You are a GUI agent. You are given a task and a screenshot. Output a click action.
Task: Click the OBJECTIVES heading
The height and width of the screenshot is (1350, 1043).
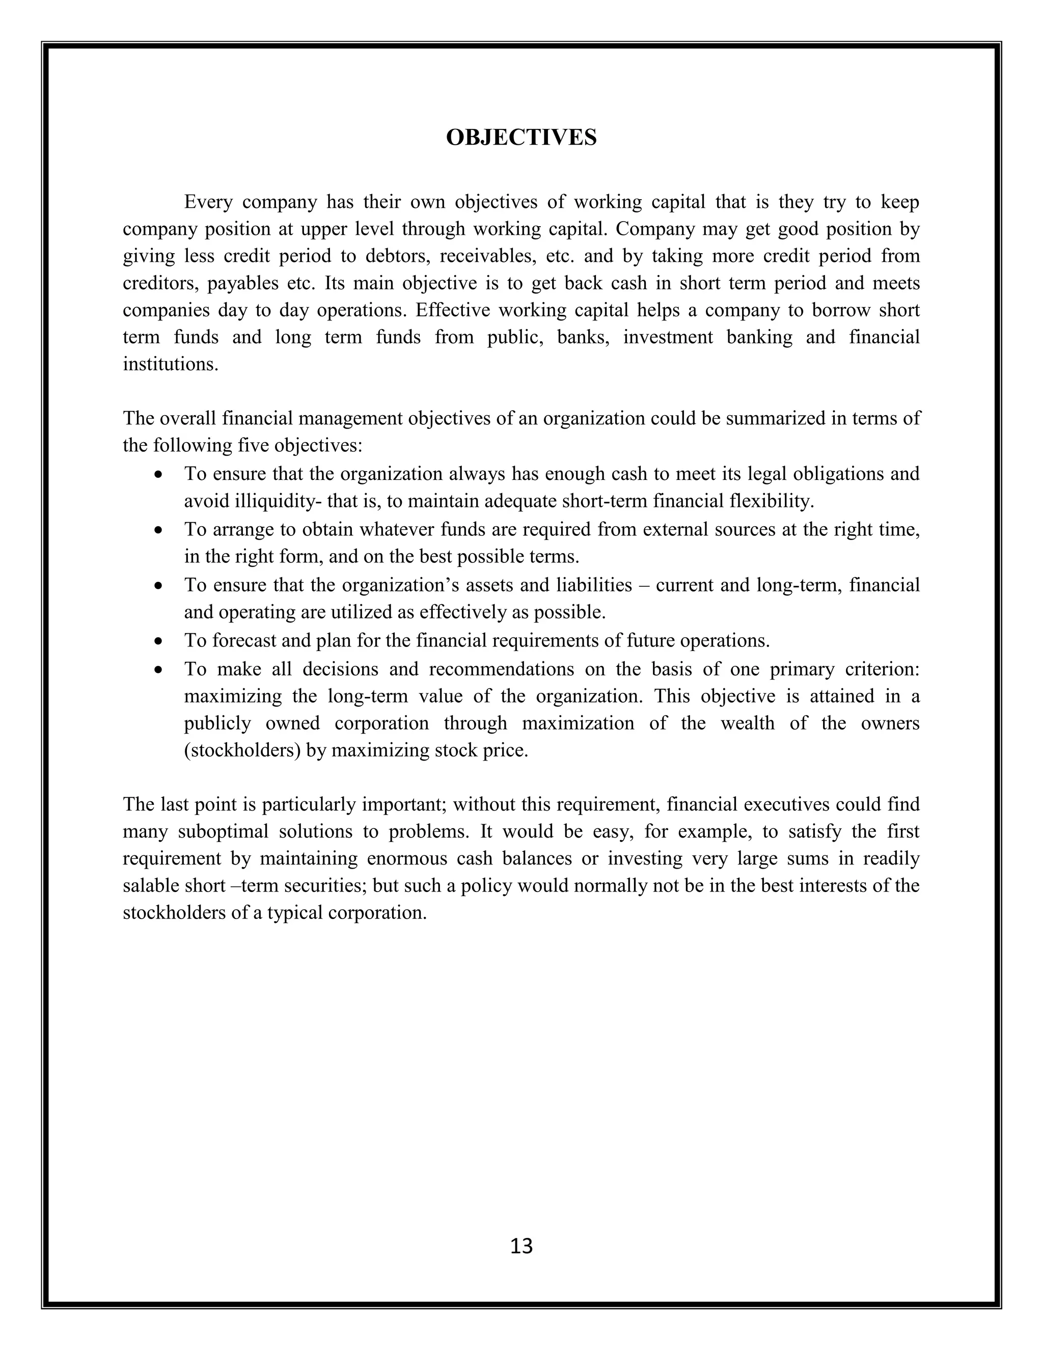(x=521, y=137)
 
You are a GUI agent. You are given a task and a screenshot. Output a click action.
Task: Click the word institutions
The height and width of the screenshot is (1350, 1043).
(x=171, y=364)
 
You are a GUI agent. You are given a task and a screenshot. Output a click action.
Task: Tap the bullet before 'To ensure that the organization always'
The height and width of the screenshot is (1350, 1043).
(x=159, y=475)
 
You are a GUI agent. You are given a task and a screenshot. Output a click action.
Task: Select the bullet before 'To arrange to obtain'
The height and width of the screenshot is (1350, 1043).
(x=159, y=530)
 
